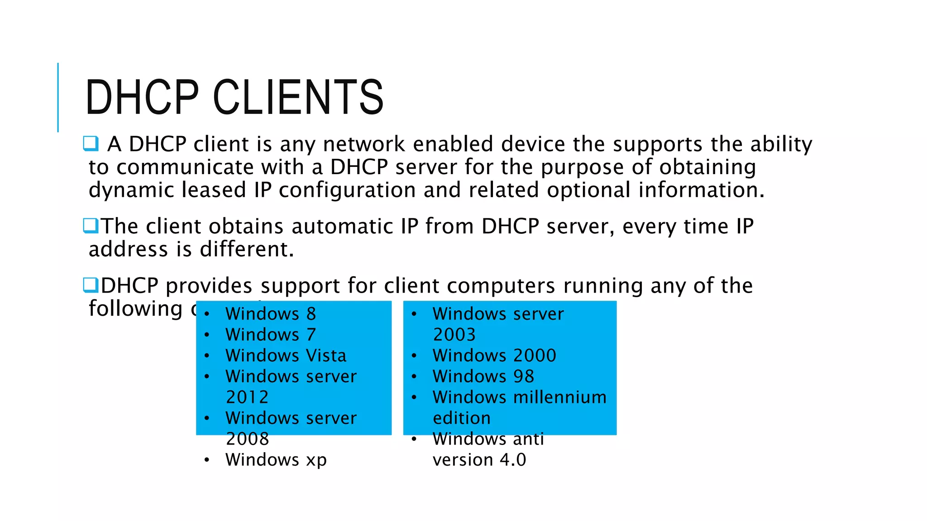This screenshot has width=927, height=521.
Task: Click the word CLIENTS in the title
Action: (298, 97)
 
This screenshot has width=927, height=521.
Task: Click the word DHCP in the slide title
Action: (142, 97)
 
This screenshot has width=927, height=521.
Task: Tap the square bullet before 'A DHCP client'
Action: (91, 144)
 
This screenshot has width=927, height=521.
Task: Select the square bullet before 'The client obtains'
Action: (91, 225)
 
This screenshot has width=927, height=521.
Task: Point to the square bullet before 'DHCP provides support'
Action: (91, 285)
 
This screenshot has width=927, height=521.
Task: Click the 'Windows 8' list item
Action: (271, 314)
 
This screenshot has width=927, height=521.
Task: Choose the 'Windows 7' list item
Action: (271, 335)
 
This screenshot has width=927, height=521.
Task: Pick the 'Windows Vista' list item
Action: (286, 355)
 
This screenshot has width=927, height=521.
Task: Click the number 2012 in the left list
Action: (247, 397)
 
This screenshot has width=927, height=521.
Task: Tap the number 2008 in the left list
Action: (247, 439)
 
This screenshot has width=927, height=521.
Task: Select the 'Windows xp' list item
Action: (276, 459)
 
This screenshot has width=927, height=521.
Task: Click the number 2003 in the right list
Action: (454, 335)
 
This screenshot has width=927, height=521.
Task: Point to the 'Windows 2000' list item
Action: (494, 355)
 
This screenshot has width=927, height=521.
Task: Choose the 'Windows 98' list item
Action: (483, 376)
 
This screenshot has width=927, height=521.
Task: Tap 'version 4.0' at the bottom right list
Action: (479, 459)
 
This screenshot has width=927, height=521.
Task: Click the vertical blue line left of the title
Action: (58, 97)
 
